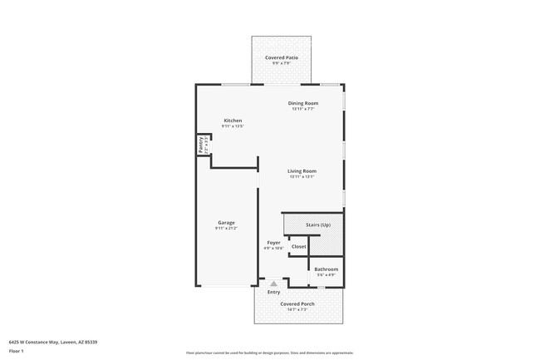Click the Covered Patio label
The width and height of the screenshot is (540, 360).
click(x=282, y=57)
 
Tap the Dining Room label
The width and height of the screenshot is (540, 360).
click(x=302, y=103)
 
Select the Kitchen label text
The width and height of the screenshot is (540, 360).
click(x=233, y=121)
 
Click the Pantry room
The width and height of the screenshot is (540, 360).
click(x=202, y=145)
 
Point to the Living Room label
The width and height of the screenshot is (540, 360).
click(x=302, y=171)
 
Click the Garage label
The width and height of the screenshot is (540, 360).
click(x=226, y=222)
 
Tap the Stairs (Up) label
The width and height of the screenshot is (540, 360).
click(x=318, y=225)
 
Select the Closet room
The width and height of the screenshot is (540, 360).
click(x=298, y=246)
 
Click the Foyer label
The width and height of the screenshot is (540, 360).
click(x=273, y=242)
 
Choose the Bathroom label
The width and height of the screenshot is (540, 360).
click(x=326, y=269)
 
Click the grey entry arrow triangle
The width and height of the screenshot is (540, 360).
click(x=273, y=284)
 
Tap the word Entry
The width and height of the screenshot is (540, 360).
click(x=273, y=292)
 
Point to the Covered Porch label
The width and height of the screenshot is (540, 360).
click(x=297, y=303)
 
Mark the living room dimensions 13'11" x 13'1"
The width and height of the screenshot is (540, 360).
click(x=302, y=177)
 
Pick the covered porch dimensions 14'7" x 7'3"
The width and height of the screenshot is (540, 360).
click(x=297, y=309)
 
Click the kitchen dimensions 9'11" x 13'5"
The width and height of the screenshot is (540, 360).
click(x=233, y=126)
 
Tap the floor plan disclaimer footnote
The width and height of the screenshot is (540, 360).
click(x=270, y=353)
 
